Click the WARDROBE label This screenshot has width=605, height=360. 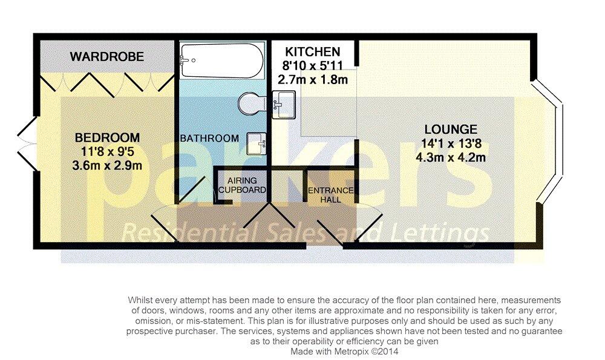107,57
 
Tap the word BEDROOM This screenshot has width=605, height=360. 107,138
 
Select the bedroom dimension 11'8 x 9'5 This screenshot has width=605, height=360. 107,152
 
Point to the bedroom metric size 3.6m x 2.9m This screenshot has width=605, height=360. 107,166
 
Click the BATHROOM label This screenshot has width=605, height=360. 209,138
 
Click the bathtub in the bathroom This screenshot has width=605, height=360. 223,61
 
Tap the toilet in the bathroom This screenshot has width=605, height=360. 252,103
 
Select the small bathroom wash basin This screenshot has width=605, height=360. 257,143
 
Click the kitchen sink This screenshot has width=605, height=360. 284,105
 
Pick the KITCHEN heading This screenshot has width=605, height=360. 313,51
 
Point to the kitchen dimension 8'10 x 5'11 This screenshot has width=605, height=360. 313,65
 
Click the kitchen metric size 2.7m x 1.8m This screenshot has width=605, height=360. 313,79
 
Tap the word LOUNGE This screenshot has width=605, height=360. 451,129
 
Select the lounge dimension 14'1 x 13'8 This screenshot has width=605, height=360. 451,143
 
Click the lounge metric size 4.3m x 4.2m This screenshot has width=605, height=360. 451,157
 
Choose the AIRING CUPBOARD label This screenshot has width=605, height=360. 243,185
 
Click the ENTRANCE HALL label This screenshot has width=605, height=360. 331,195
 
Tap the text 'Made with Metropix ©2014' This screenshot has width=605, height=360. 344,352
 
